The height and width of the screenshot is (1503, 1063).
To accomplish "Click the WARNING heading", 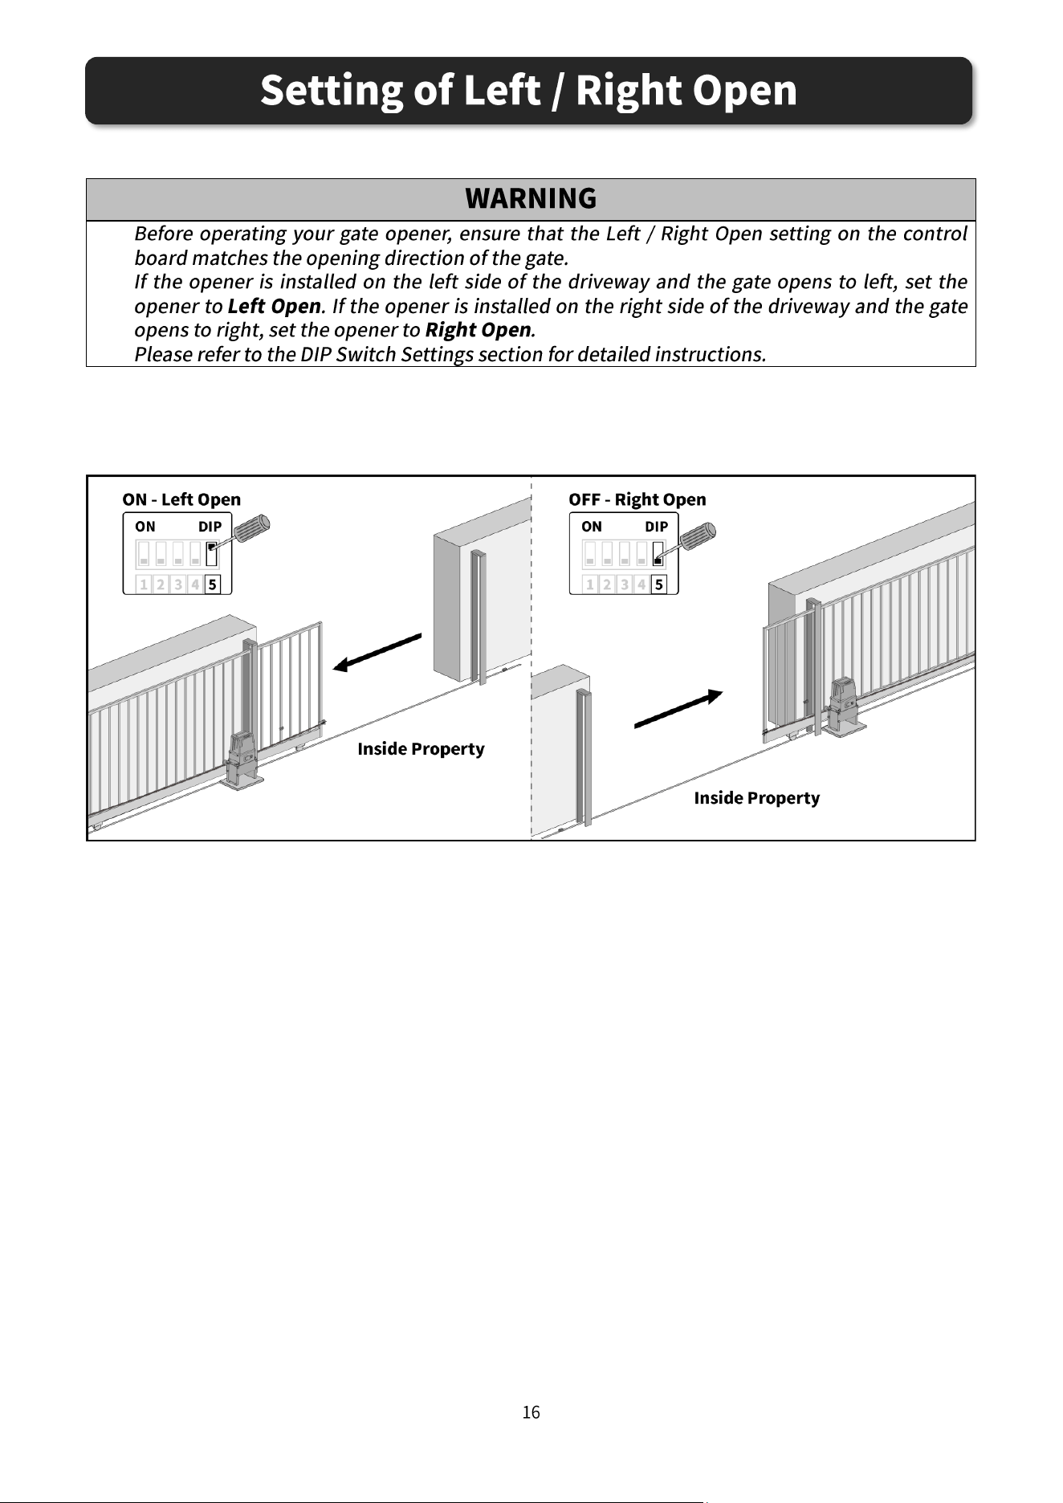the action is (531, 198).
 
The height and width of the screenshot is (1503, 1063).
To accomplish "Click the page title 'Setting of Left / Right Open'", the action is (528, 90).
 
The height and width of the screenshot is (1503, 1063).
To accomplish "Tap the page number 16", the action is (531, 1412).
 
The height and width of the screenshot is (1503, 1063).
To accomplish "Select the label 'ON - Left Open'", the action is (181, 499).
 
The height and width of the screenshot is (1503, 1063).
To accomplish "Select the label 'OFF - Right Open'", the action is (637, 499).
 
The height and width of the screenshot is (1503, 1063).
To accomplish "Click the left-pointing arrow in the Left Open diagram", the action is (377, 652).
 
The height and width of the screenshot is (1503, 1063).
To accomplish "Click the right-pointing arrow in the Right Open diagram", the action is (679, 709).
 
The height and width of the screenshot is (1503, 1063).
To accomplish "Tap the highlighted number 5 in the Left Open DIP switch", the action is (212, 584).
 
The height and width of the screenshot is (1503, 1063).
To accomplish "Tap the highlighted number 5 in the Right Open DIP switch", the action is (658, 584).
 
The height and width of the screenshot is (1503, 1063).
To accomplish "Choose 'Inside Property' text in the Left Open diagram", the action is (421, 749).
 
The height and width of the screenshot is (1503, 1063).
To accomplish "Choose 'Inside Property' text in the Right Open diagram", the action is (757, 798).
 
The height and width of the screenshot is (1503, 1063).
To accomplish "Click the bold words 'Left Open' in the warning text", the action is (275, 307).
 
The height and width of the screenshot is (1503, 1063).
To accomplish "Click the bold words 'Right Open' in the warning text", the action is (478, 330).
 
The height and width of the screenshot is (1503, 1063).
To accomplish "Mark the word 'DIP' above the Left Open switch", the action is (210, 527).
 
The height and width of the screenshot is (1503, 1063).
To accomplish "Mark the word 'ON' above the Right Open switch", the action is (592, 527).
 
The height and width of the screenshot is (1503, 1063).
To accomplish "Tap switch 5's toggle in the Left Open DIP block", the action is (212, 554).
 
